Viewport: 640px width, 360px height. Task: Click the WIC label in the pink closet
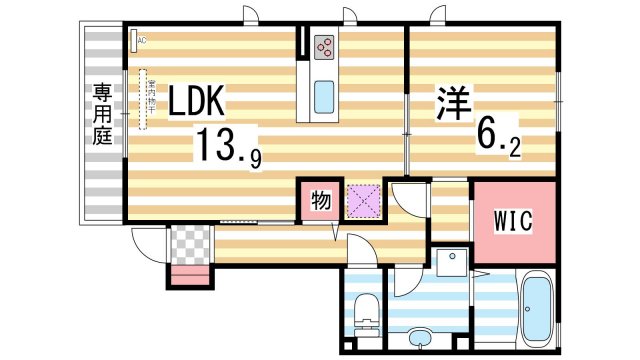513,219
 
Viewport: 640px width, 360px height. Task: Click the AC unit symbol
139,40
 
